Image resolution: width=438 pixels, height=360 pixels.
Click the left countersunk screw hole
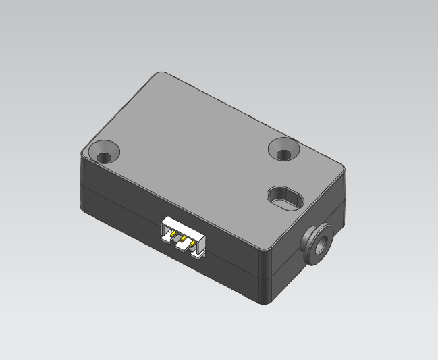click(x=105, y=151)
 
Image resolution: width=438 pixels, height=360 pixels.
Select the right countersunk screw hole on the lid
click(x=283, y=149)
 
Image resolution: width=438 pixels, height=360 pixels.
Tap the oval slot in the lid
click(x=284, y=199)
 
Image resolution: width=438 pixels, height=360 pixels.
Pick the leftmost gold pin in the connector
click(x=173, y=234)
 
